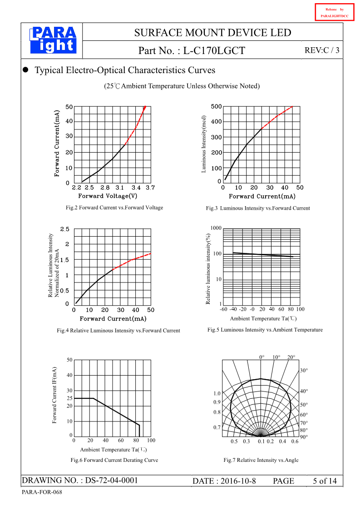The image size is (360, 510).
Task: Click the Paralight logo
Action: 53,40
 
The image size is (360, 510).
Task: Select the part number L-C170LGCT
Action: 214,51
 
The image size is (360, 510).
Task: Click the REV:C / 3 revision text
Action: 322,50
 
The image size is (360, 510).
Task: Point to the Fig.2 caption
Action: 114,208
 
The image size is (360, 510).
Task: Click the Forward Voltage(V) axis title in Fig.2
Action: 108,196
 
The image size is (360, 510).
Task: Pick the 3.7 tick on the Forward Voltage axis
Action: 150,188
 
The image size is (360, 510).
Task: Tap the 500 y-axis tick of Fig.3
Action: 217,106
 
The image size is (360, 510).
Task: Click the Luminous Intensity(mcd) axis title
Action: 204,144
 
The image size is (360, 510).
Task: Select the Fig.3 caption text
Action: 258,208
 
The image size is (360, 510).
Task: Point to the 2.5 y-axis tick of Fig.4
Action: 65,229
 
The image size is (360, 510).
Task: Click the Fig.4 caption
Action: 118,331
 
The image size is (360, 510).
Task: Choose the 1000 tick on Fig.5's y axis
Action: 216,228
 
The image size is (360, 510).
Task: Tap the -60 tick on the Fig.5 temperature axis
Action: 223,309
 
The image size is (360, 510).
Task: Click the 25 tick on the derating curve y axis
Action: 69,398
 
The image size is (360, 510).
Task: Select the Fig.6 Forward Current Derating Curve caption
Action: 114,460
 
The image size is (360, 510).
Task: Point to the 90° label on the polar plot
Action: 304,437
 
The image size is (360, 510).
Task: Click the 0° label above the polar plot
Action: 262,357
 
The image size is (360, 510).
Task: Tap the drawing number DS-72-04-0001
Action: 111,480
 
